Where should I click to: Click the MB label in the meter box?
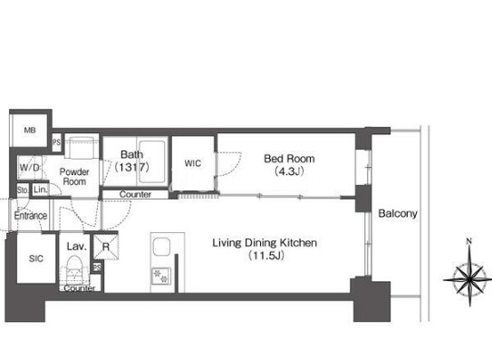click(x=30, y=130)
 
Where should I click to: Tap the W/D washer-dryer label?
click(x=30, y=168)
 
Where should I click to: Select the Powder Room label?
click(x=74, y=177)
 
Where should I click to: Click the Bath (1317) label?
click(x=131, y=161)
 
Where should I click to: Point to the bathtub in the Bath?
click(x=152, y=161)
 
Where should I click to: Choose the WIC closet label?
click(x=193, y=163)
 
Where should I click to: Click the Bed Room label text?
click(x=289, y=159)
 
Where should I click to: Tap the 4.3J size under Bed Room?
click(x=289, y=171)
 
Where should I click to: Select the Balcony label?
click(x=398, y=214)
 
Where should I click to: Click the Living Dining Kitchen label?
click(x=265, y=242)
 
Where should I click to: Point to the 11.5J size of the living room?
click(x=266, y=256)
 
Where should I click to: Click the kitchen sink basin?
click(x=161, y=247)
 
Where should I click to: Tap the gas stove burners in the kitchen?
click(x=161, y=277)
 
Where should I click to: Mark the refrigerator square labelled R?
click(x=106, y=247)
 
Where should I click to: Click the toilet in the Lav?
click(x=74, y=268)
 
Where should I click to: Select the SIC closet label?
click(x=36, y=258)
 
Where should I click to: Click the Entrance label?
click(x=31, y=216)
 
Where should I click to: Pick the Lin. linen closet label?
click(x=41, y=190)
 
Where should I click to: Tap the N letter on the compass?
click(x=468, y=241)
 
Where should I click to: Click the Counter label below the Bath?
click(x=135, y=194)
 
